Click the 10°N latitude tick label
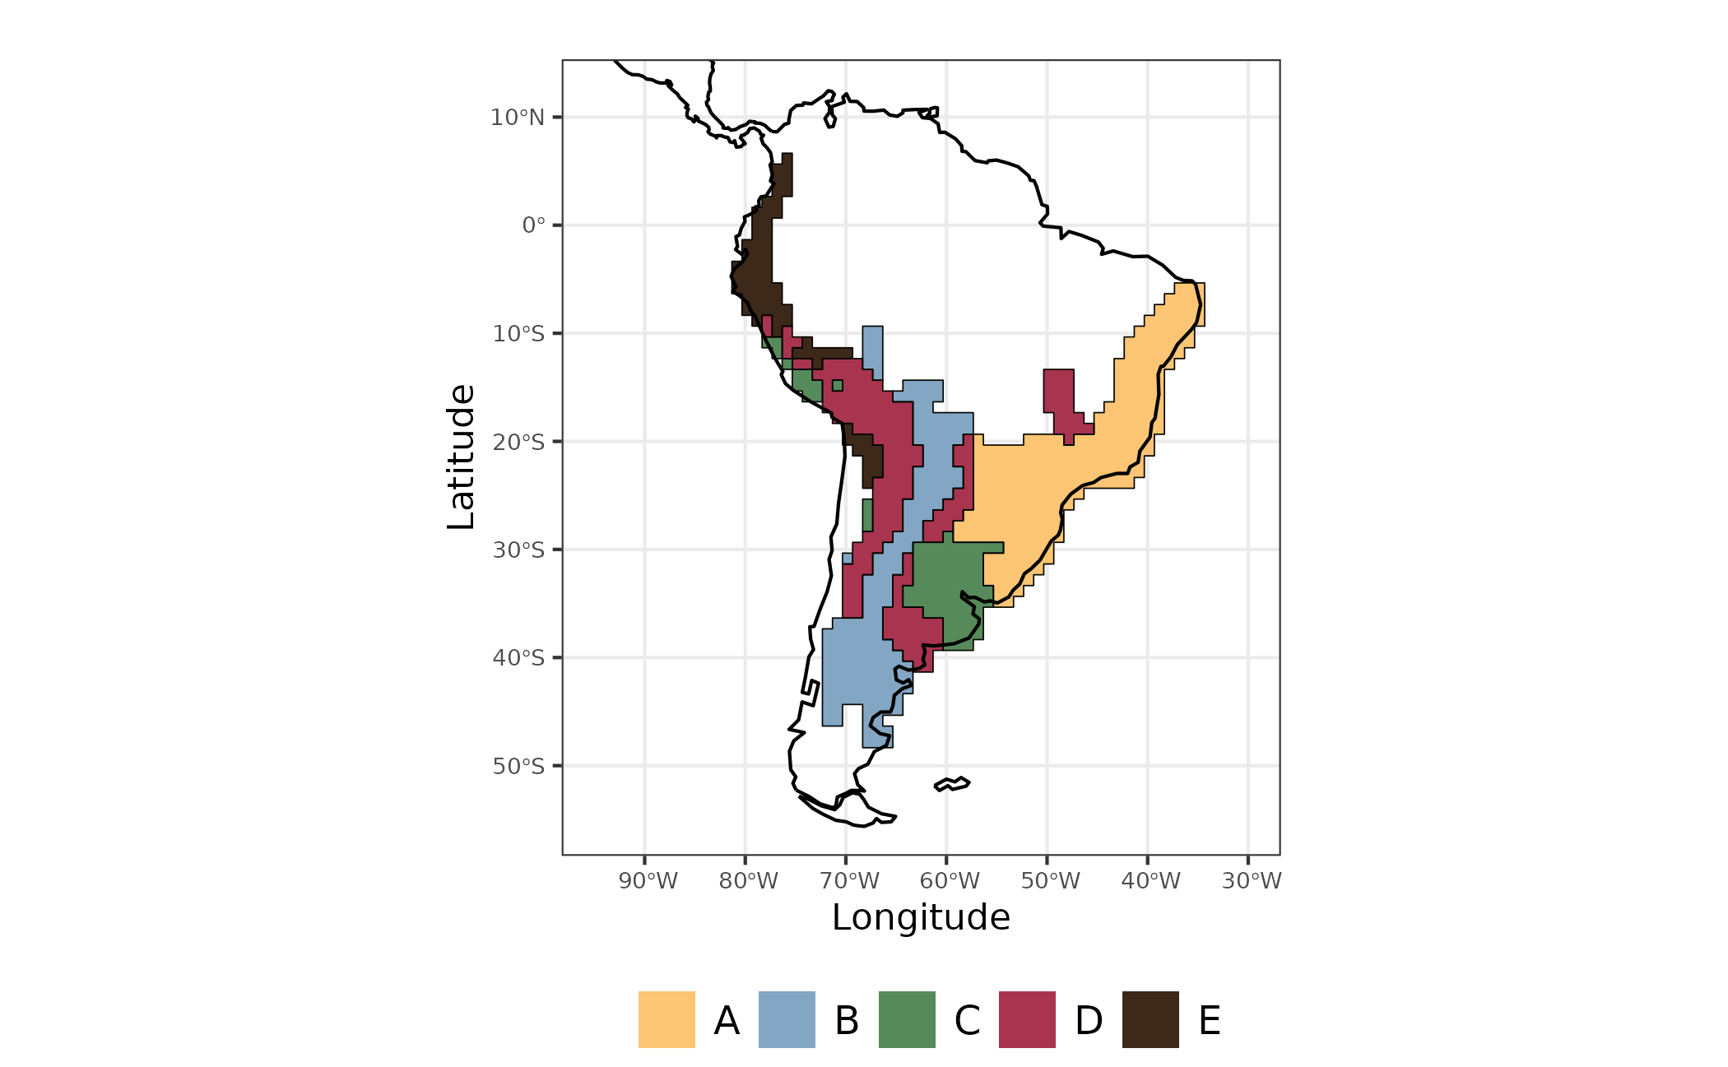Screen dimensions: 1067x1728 (518, 118)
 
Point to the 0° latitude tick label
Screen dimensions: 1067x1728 (533, 225)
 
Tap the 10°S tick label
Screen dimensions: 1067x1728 (518, 334)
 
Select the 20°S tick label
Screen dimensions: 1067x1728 (518, 443)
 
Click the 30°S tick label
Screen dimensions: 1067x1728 (518, 550)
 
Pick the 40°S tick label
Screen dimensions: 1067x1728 (518, 658)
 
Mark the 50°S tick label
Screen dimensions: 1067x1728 (518, 767)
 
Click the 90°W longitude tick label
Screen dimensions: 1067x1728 (648, 881)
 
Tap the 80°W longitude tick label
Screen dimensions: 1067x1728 (748, 881)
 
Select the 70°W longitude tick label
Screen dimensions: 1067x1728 (849, 881)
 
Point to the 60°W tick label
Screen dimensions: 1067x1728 (950, 881)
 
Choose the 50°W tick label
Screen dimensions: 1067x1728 (1050, 881)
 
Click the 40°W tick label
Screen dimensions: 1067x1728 (1150, 881)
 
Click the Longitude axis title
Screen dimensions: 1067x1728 (921, 917)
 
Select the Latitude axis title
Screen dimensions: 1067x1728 (462, 457)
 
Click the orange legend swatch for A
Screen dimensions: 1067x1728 (667, 1019)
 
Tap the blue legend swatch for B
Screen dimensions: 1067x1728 (787, 1019)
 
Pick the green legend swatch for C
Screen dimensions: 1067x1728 (907, 1019)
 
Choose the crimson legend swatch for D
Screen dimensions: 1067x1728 (1027, 1019)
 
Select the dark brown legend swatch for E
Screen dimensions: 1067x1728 (1150, 1019)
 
